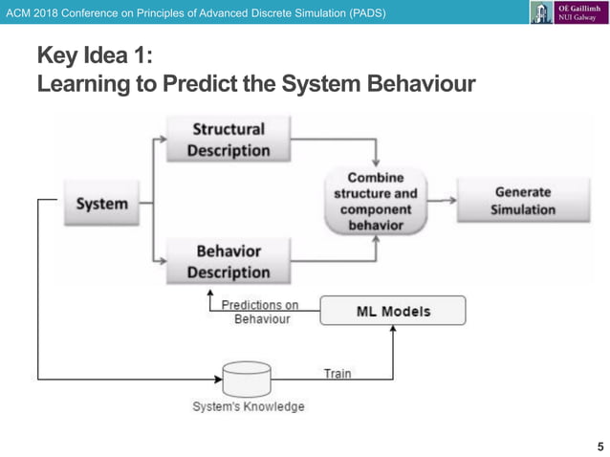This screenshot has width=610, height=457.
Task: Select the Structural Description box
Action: (228, 140)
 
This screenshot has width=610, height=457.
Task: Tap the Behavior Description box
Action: (228, 261)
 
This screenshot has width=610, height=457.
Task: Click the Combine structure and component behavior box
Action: (376, 202)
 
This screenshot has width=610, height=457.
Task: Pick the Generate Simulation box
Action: (522, 201)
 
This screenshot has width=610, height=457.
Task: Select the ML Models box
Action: (392, 311)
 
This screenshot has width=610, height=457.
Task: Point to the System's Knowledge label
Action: (249, 407)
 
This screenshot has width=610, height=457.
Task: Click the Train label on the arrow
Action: (337, 373)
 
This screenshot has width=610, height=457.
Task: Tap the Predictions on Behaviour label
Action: (260, 312)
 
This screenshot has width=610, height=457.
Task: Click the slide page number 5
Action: (599, 446)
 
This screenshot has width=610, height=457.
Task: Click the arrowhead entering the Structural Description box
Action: (162, 141)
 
